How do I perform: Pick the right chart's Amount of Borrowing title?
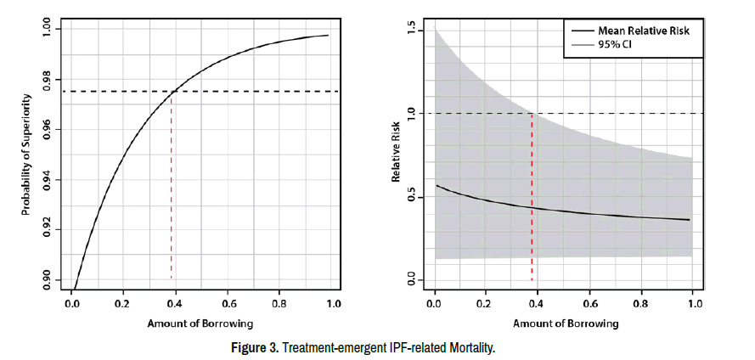point(566,323)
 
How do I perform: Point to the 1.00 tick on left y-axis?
point(48,30)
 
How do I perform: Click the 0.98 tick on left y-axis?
point(48,80)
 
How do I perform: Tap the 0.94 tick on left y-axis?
point(48,180)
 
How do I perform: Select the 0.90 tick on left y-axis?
point(48,280)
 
